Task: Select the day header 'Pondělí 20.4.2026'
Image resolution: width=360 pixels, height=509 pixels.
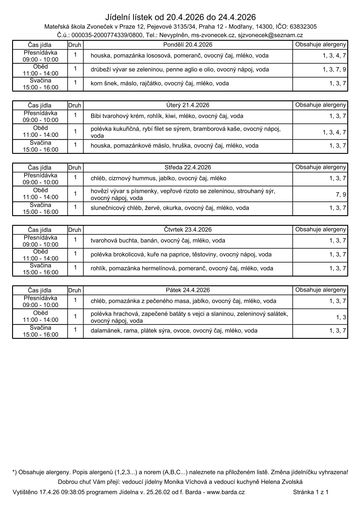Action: [x=188, y=45]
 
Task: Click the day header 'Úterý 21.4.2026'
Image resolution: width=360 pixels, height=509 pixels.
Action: [x=188, y=105]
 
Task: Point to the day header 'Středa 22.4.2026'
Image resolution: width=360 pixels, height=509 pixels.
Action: [x=188, y=167]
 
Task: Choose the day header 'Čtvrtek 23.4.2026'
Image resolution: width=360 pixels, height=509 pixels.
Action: [x=188, y=230]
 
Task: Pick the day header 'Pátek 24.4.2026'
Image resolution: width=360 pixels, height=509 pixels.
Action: [x=188, y=290]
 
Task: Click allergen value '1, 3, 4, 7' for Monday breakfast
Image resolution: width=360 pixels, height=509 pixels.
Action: [x=334, y=56]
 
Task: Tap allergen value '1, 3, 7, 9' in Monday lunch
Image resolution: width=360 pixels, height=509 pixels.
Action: [x=334, y=70]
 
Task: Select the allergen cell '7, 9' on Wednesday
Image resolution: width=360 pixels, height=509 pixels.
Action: [x=341, y=195]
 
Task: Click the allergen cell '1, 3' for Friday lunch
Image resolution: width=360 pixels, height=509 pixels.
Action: [x=341, y=317]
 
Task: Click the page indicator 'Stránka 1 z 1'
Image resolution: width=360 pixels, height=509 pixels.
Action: [x=311, y=492]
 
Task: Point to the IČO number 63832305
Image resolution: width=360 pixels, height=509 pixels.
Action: [x=303, y=27]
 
